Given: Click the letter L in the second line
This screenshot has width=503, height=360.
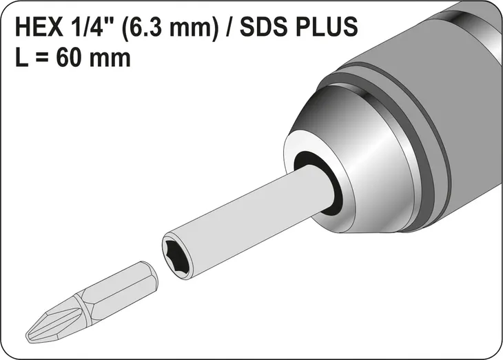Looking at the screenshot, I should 21,57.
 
